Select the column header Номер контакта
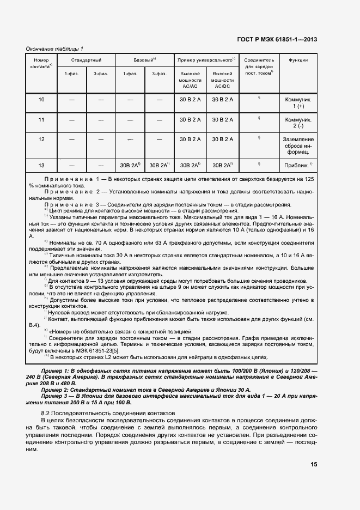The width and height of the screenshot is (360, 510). pyautogui.click(x=42, y=63)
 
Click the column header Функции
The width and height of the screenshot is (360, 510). pyautogui.click(x=299, y=60)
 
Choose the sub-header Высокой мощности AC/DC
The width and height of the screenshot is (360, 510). pyautogui.click(x=222, y=80)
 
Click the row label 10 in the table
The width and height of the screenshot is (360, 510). pyautogui.click(x=42, y=99)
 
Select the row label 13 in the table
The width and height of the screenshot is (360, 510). pyautogui.click(x=42, y=165)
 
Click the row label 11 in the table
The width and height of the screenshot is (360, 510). pyautogui.click(x=42, y=119)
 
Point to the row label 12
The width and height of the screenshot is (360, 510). pyautogui.click(x=42, y=139)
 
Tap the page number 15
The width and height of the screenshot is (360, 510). pyautogui.click(x=314, y=465)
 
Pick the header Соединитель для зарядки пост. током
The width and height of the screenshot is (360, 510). pyautogui.click(x=259, y=66)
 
